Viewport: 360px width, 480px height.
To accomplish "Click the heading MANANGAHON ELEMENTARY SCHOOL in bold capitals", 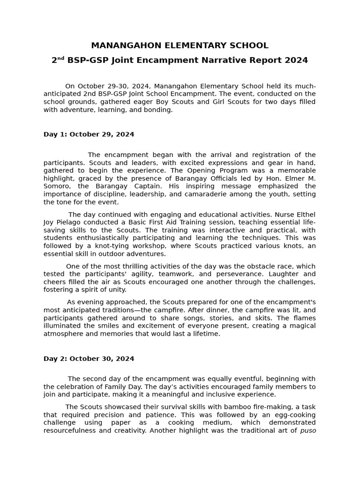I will point(180,45).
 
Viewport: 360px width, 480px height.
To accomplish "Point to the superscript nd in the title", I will point(61,58).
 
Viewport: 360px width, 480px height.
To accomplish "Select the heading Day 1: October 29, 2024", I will point(89,135).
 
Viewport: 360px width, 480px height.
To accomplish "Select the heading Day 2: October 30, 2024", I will point(89,359).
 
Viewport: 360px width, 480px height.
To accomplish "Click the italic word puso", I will point(307,431).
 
